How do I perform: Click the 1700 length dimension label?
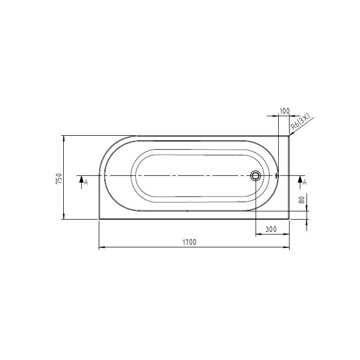pyautogui.click(x=189, y=242)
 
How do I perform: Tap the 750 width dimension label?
pyautogui.click(x=59, y=178)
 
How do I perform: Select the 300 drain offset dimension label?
pyautogui.click(x=271, y=229)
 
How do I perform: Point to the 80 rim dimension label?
pyautogui.click(x=302, y=200)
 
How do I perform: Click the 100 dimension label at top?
pyautogui.click(x=284, y=111)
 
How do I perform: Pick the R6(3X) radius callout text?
pyautogui.click(x=300, y=122)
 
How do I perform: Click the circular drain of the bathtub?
pyautogui.click(x=256, y=176)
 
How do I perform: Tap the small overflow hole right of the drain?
pyautogui.click(x=277, y=176)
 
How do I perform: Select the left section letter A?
pyautogui.click(x=86, y=183)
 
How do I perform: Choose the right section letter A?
pyautogui.click(x=304, y=183)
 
